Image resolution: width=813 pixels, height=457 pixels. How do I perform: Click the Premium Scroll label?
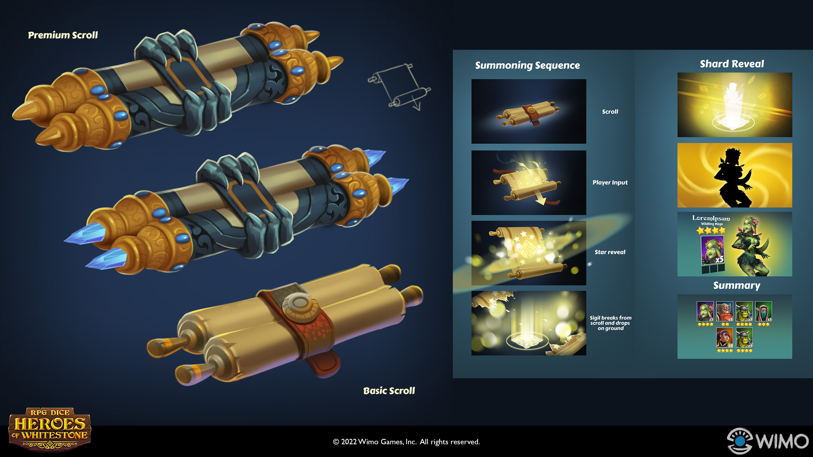point(63,35)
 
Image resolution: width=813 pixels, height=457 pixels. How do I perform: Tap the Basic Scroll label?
point(389,391)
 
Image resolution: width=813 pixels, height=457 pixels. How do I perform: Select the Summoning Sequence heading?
point(527,65)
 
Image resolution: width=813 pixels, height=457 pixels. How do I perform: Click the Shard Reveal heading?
point(732,64)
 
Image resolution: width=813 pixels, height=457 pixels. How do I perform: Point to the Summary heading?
point(737,285)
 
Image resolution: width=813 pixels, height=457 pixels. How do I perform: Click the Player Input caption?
point(610,183)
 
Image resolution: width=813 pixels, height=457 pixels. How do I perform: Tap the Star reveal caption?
point(610,252)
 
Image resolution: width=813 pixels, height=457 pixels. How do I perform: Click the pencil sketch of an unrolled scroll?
point(399,86)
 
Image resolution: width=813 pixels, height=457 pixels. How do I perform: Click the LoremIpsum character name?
point(711,218)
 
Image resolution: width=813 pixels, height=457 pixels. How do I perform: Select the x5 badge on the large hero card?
point(719,260)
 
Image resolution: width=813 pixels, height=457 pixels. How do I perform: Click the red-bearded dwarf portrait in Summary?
point(725,311)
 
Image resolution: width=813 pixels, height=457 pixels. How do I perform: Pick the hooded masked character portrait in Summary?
point(763,311)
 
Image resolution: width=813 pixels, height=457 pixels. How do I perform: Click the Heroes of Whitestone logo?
point(50,428)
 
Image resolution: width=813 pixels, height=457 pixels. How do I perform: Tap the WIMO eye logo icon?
point(740,440)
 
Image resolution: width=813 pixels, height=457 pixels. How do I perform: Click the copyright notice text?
point(406,442)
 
